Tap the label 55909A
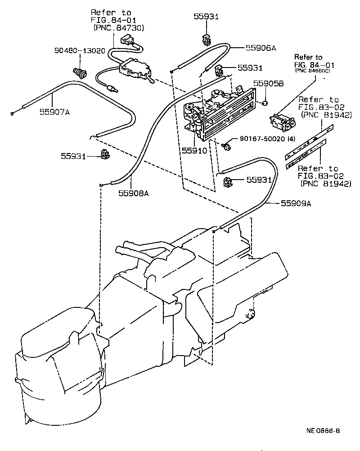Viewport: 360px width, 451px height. pyautogui.click(x=296, y=203)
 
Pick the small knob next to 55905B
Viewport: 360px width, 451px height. pyautogui.click(x=266, y=104)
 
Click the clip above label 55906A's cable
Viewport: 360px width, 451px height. pyautogui.click(x=205, y=39)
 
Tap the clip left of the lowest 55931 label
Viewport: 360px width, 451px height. pyautogui.click(x=228, y=182)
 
